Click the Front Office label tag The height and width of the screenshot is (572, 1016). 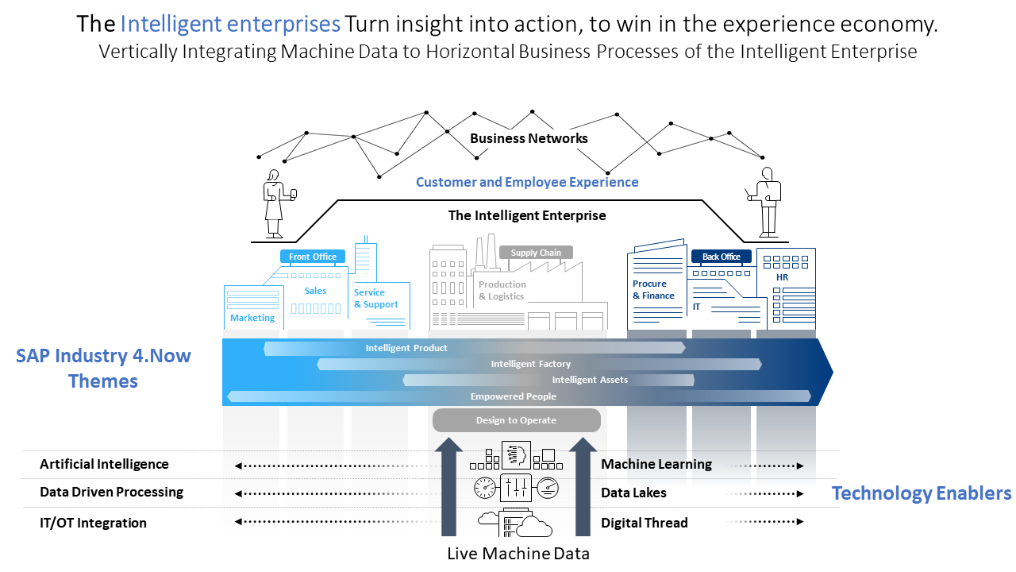(x=313, y=257)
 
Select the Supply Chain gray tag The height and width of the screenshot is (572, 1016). (x=536, y=253)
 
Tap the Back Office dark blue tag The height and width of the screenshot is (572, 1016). (x=721, y=257)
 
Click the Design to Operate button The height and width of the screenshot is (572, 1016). (x=516, y=420)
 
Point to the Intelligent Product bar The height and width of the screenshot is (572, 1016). (x=406, y=348)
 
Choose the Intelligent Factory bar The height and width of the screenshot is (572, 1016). (x=530, y=364)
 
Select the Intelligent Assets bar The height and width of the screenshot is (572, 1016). (x=590, y=380)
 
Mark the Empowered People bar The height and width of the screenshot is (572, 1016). (x=513, y=396)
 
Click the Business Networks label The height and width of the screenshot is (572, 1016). (x=529, y=138)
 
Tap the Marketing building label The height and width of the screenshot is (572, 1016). (x=252, y=318)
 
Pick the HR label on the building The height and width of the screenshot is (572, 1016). (x=782, y=277)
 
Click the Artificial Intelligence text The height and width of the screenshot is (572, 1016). (x=104, y=464)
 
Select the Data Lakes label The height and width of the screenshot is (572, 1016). (x=633, y=493)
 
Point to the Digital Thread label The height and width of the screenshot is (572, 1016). (x=644, y=523)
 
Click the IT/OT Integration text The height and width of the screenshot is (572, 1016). (x=93, y=523)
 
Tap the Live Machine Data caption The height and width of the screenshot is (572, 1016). (x=518, y=554)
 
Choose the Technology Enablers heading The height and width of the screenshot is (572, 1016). (x=921, y=493)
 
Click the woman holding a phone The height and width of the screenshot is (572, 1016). (x=275, y=203)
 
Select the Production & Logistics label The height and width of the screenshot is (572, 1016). (x=502, y=290)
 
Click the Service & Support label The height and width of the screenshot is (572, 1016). (x=375, y=299)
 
